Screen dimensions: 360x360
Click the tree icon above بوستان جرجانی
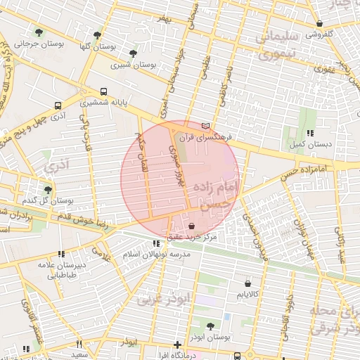click(x=39, y=32)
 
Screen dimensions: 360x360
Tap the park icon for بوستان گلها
click(x=97, y=35)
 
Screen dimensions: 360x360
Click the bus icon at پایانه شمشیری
click(x=104, y=91)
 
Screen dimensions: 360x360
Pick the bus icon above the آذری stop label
click(x=58, y=105)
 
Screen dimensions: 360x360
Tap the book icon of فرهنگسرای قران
click(x=205, y=125)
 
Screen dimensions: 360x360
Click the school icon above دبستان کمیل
click(x=309, y=133)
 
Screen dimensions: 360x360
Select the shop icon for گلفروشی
click(x=319, y=23)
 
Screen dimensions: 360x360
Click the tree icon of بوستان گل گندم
click(x=48, y=189)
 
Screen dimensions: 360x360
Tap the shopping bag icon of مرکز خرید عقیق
click(x=192, y=226)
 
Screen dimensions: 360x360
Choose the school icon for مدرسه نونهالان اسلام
click(x=156, y=243)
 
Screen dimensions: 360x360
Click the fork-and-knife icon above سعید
click(x=79, y=344)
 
